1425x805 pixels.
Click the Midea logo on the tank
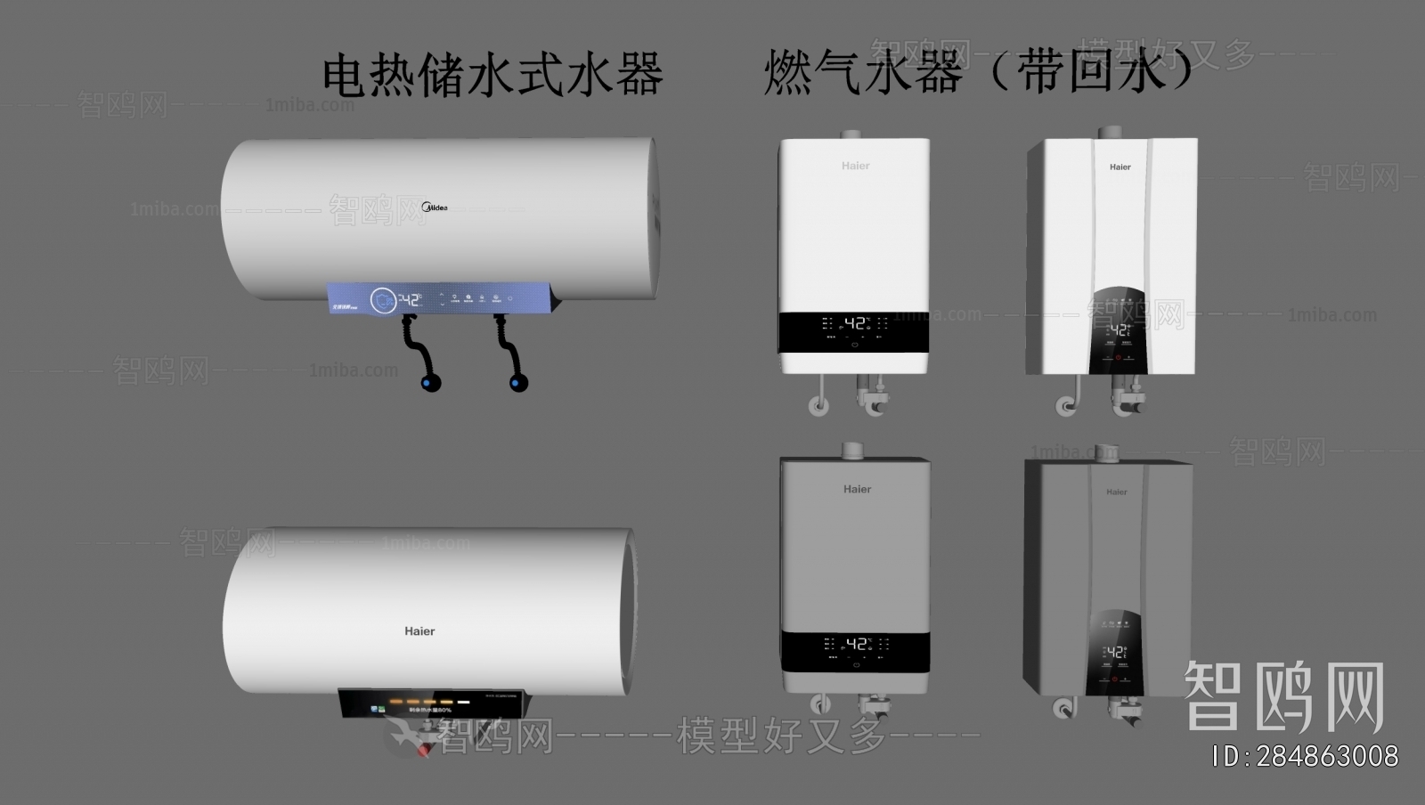click(x=435, y=207)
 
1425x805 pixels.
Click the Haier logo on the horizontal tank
click(x=419, y=631)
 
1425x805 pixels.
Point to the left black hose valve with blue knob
click(x=431, y=384)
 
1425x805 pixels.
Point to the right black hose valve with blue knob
click(x=517, y=383)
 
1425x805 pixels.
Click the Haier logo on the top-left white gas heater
click(x=855, y=166)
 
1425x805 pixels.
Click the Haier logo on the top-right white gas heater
click(x=1120, y=167)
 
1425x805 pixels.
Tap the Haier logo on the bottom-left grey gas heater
click(x=857, y=489)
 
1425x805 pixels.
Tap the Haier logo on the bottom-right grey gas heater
click(x=1116, y=492)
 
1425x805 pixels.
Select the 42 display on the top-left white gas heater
click(x=855, y=323)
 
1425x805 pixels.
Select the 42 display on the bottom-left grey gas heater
click(x=856, y=644)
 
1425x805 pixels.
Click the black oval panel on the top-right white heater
click(x=1118, y=330)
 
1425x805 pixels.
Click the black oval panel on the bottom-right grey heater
click(x=1114, y=653)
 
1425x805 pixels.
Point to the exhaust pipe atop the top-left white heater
click(x=851, y=134)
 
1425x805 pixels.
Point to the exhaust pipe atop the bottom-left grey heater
click(x=853, y=451)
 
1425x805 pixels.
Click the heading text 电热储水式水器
click(x=493, y=75)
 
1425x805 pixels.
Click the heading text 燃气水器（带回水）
click(x=977, y=71)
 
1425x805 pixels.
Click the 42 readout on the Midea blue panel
click(x=408, y=300)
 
